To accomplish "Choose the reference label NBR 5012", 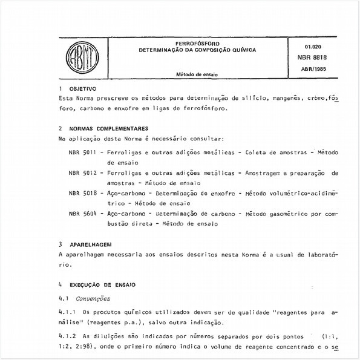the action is [82, 173].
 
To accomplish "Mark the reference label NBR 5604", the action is [82, 214].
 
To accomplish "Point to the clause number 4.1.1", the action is [68, 312].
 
